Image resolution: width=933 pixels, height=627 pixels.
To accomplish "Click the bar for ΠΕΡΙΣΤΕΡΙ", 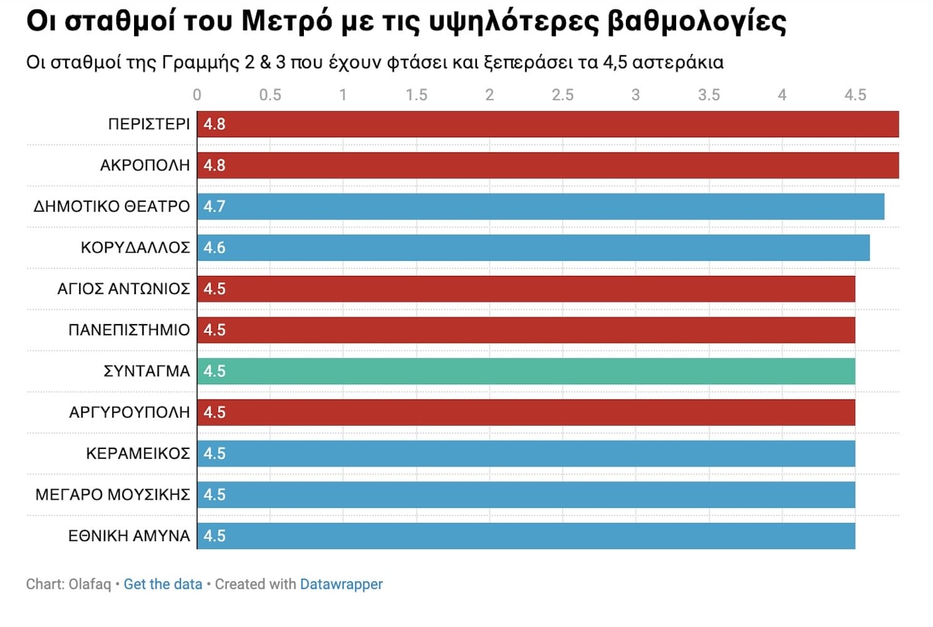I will (548, 124).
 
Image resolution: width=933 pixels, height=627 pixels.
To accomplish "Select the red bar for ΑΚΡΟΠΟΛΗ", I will (548, 166).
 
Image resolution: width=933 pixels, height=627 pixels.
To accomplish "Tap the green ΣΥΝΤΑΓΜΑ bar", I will (526, 371).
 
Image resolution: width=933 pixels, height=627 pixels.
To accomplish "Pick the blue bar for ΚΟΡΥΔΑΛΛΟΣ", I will (533, 248).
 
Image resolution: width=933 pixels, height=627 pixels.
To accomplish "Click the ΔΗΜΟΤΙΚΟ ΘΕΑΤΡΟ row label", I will (112, 206).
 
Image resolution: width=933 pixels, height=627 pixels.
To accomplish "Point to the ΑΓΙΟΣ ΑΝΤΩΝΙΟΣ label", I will (123, 289).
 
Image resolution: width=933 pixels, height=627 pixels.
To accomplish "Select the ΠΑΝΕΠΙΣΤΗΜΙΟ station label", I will (128, 330).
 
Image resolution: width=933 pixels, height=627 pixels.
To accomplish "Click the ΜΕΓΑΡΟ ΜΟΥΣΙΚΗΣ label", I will (113, 495).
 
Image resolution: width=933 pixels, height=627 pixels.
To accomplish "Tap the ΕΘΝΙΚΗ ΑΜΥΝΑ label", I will (128, 536).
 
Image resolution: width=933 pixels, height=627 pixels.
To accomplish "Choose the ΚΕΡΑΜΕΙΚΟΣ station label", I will (138, 453).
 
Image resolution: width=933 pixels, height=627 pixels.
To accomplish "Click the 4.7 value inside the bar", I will (214, 206).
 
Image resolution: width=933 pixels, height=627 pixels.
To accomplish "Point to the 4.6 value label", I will (214, 248).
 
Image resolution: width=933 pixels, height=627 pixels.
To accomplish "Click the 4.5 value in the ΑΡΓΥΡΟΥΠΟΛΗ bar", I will (214, 413).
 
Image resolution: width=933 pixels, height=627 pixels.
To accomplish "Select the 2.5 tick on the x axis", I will (562, 95).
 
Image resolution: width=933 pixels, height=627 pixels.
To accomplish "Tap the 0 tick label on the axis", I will (197, 95).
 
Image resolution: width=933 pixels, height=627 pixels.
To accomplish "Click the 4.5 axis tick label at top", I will (855, 95).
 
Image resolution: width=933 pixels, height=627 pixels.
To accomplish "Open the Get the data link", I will (163, 584).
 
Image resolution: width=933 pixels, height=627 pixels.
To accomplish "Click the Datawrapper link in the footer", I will (341, 584).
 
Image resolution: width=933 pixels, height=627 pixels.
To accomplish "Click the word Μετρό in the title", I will (286, 21).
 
